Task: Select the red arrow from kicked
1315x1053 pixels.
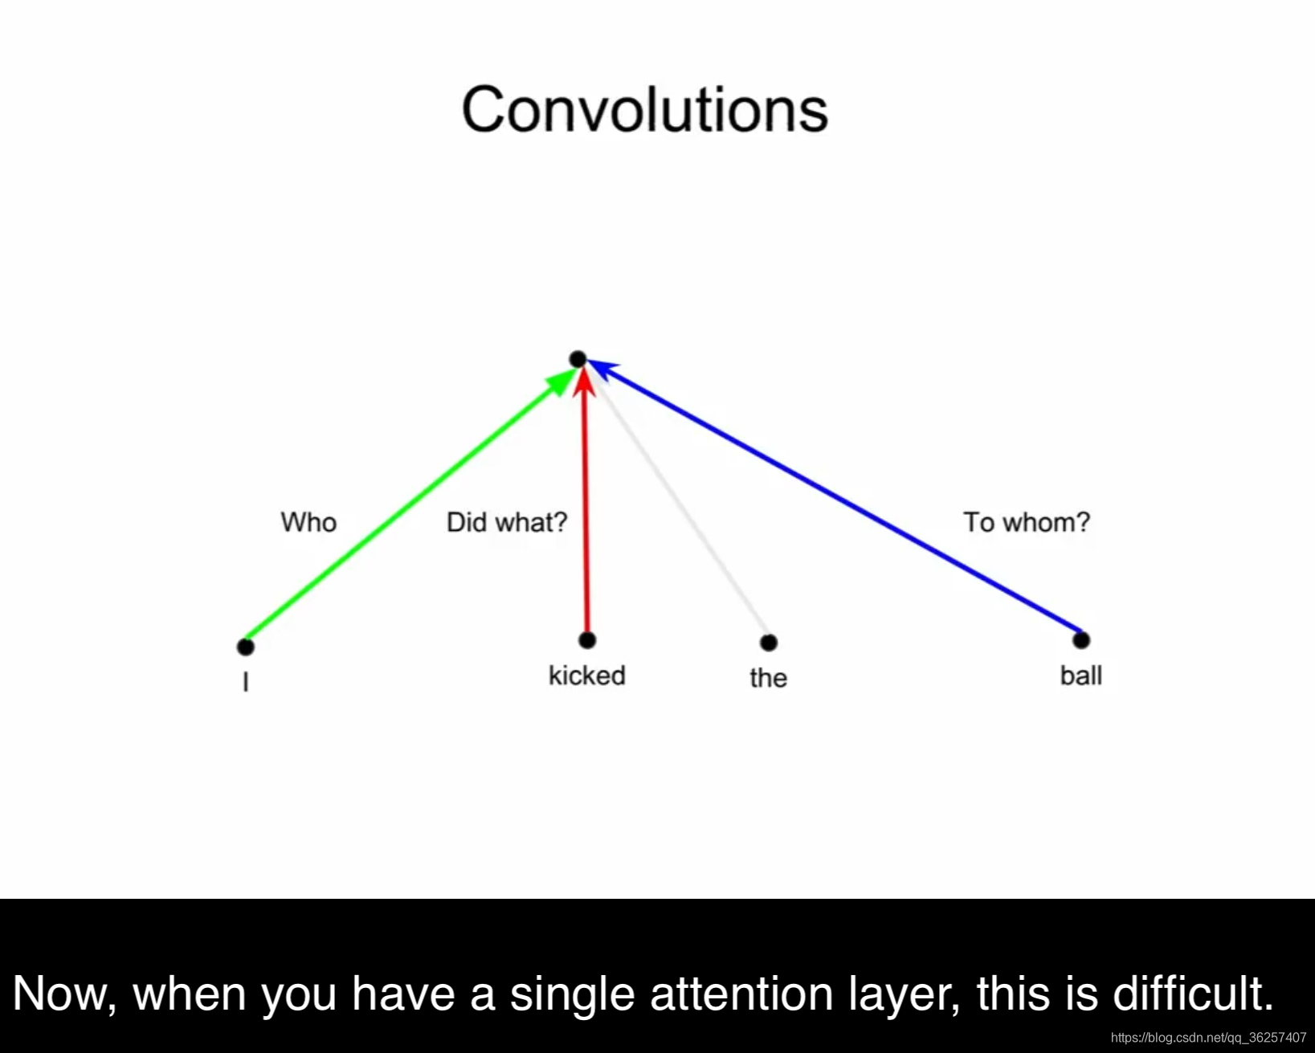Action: tap(586, 501)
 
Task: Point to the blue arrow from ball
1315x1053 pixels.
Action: tap(834, 496)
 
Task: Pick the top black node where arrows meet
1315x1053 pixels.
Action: tap(578, 359)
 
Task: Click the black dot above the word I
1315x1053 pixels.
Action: tap(246, 647)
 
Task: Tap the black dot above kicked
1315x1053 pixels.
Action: tap(587, 640)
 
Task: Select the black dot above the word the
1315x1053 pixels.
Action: tap(769, 643)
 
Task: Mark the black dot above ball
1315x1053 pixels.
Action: tap(1081, 640)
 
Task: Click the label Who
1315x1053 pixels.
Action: tap(308, 523)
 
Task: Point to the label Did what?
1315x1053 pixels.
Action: tap(507, 523)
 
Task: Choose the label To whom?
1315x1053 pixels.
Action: tap(1027, 523)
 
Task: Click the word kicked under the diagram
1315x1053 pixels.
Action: tap(587, 676)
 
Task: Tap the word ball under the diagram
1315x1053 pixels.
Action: tap(1081, 676)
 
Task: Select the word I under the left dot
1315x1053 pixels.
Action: tap(246, 681)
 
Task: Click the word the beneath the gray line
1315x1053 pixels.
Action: tap(769, 678)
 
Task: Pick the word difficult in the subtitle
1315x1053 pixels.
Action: tap(1193, 993)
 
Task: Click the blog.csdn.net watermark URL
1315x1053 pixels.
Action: tap(1209, 1038)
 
